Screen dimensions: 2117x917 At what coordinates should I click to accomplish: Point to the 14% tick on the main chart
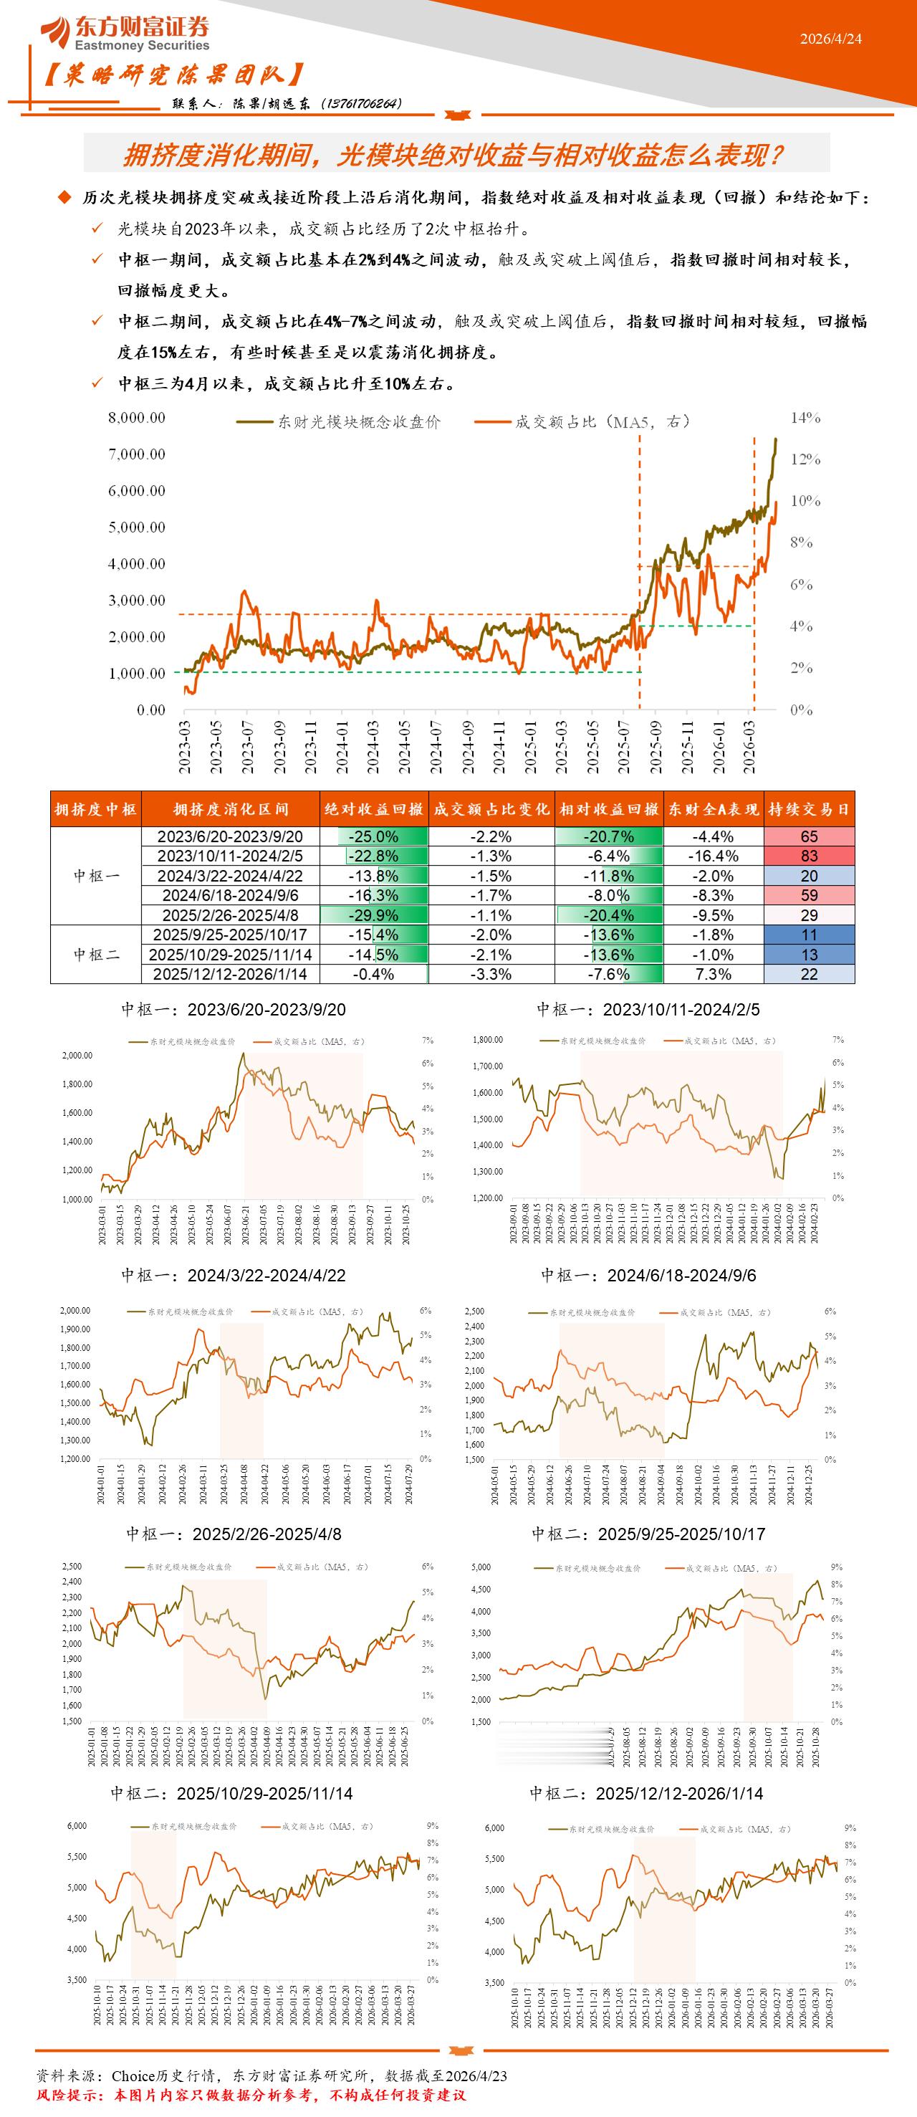(x=805, y=418)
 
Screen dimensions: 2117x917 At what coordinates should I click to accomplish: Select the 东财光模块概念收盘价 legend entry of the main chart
(x=339, y=421)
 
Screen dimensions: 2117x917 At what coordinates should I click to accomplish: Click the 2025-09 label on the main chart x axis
(x=656, y=747)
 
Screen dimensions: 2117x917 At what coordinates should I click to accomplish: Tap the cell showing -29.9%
(x=373, y=914)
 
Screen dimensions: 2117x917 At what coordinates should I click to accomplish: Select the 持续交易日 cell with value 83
(x=809, y=856)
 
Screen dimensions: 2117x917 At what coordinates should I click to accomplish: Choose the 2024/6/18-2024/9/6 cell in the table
(x=230, y=895)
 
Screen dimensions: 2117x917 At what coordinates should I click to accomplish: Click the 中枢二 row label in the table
(x=96, y=954)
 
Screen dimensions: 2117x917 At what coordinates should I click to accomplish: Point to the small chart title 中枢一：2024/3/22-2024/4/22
(x=234, y=1275)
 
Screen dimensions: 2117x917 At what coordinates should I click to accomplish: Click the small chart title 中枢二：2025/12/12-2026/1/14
(x=646, y=1793)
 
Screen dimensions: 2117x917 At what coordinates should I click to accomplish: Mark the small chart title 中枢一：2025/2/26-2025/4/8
(x=234, y=1534)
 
